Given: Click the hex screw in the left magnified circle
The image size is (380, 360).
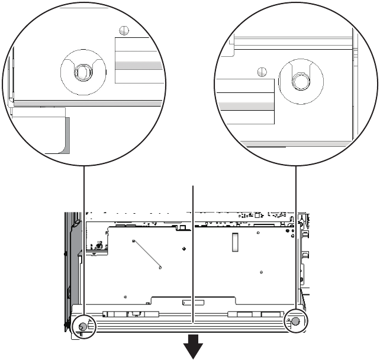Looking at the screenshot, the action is click(x=82, y=72).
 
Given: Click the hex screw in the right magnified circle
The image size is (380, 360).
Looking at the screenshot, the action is click(x=299, y=80).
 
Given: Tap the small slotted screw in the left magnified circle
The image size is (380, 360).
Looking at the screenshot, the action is click(x=124, y=30).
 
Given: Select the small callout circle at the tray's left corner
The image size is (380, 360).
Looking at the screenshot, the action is click(x=83, y=325).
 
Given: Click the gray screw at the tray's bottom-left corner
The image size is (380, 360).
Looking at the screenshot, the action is click(x=83, y=326).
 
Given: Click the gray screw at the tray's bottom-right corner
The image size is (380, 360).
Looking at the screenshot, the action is click(x=295, y=321).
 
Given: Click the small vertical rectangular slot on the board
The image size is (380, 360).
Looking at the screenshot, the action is click(x=234, y=241).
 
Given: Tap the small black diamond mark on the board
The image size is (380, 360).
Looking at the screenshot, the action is click(x=185, y=248).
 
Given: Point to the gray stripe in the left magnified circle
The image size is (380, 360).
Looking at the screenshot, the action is click(x=138, y=65).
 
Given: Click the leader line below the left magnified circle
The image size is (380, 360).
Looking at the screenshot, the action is click(x=84, y=237).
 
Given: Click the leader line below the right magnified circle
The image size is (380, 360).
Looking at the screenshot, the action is click(x=295, y=237).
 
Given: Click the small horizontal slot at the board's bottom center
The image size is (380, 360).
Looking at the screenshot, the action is click(x=192, y=302).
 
